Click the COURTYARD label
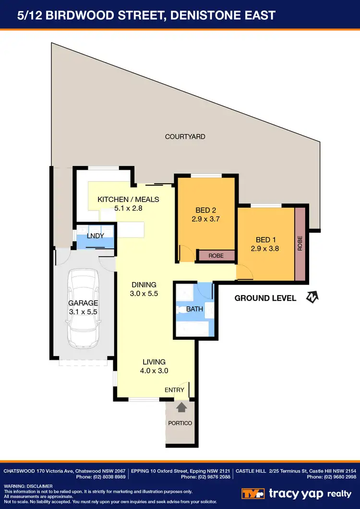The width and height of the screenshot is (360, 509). point(185,137)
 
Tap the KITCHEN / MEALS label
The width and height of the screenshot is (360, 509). point(128,200)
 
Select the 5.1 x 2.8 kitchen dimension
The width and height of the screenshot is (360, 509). point(128,208)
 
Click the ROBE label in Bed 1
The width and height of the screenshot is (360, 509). point(300,244)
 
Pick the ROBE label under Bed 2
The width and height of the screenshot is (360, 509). point(216,256)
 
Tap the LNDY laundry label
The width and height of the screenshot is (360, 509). point(96,236)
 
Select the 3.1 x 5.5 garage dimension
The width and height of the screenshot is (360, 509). point(83,312)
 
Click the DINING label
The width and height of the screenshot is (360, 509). point(144,284)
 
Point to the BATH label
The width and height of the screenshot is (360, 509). point(194,309)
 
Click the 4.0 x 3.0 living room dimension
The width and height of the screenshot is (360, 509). point(154,370)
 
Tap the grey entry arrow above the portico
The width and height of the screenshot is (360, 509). point(181,407)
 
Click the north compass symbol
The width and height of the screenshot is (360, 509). point(312,297)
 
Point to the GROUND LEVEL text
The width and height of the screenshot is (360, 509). point(265,298)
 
